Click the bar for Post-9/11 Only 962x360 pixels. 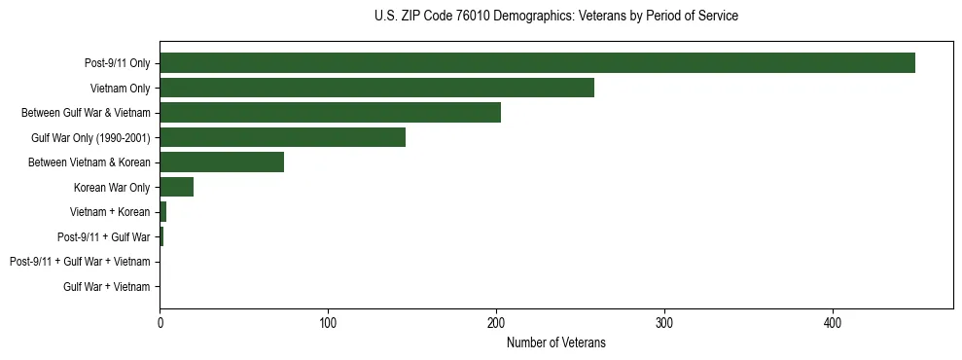[537, 63]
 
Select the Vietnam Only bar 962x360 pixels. [376, 88]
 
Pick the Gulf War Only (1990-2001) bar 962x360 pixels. [282, 137]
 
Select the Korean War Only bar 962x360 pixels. [176, 187]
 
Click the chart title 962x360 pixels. [555, 17]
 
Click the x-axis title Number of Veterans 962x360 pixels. [555, 342]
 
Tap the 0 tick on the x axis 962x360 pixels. [160, 323]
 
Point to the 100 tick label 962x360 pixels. [328, 323]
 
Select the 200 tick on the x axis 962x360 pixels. [496, 323]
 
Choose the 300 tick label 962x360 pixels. [664, 323]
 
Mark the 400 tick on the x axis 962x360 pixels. [833, 323]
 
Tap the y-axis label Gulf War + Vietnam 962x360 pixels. [107, 286]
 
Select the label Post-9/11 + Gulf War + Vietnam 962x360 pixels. [80, 262]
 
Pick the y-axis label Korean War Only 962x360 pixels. [112, 187]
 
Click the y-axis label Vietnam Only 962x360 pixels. [120, 89]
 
